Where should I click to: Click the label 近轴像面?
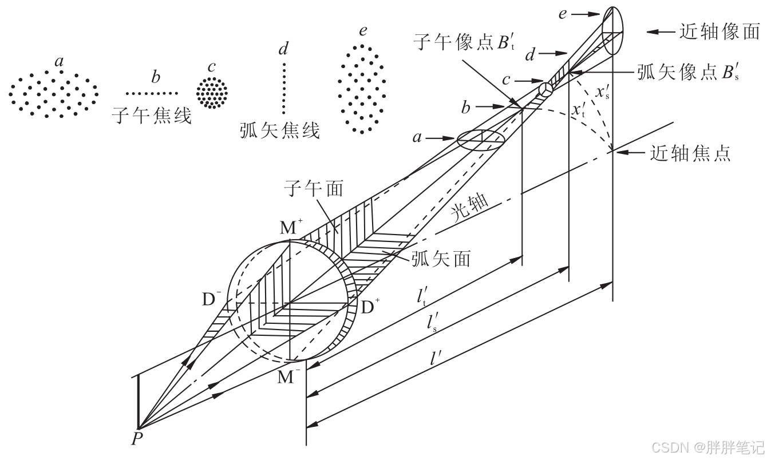[x=720, y=32]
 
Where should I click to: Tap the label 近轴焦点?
[x=690, y=153]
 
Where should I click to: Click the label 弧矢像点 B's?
[x=687, y=74]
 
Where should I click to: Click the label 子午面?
[x=314, y=188]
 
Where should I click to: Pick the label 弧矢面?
[x=441, y=259]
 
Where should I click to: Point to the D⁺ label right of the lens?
[x=371, y=307]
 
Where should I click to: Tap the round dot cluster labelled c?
[x=212, y=93]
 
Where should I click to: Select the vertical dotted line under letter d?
[x=283, y=89]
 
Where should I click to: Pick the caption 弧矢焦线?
[x=280, y=131]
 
